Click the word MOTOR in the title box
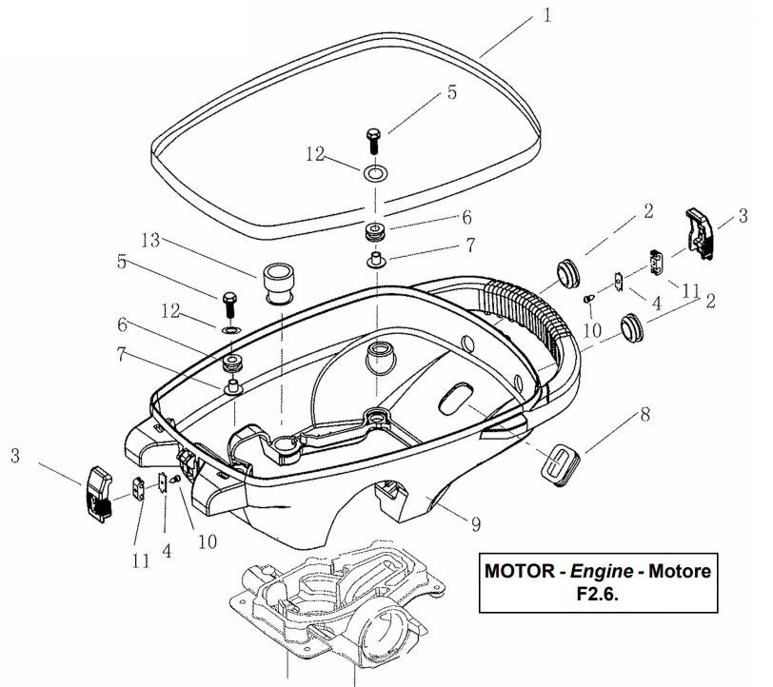pos(519,573)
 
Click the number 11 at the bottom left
pos(141,561)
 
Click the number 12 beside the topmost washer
pos(315,152)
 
